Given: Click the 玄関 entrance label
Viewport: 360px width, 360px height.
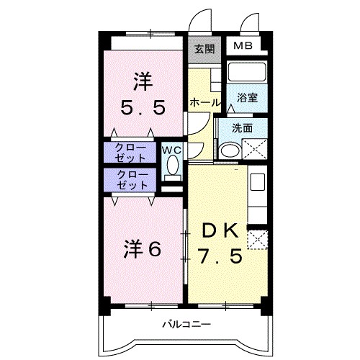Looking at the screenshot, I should (204, 49).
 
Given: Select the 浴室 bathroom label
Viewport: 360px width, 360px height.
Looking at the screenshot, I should (248, 97).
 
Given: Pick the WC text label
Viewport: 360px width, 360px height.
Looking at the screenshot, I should (171, 150).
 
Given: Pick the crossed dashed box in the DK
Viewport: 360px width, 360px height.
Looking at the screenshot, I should (256, 239).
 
